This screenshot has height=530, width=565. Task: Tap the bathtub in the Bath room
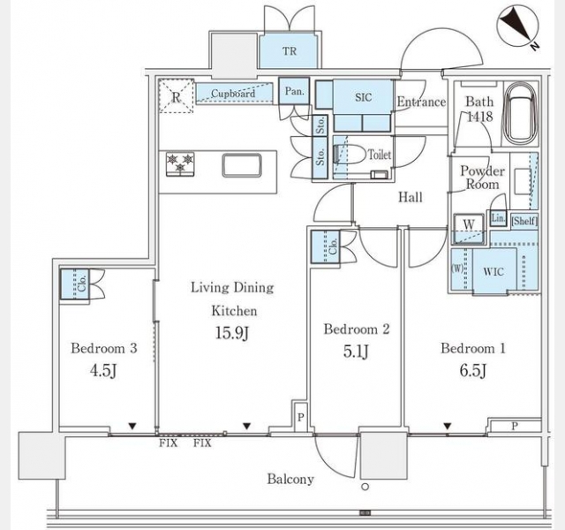521,114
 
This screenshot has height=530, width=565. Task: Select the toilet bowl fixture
351,155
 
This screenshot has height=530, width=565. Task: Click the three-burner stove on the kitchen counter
180,164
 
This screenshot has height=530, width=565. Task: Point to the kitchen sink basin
242,165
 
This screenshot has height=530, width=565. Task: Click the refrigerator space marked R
177,96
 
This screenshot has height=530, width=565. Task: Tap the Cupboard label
233,94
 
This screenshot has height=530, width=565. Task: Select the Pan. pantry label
294,91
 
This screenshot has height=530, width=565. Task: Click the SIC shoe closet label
363,97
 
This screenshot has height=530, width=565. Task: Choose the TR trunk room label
290,51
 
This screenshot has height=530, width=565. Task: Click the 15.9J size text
232,333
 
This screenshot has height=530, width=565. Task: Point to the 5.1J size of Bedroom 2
356,351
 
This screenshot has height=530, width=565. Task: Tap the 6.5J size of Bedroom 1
473,370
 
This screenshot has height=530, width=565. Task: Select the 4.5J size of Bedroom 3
103,370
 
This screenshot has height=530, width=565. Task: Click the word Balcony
290,479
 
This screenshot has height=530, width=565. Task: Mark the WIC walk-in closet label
493,271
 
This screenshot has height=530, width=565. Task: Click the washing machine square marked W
469,224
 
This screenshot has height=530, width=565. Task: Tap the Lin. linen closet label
498,218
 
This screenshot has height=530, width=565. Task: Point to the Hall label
411,197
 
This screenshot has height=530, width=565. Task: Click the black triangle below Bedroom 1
448,427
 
